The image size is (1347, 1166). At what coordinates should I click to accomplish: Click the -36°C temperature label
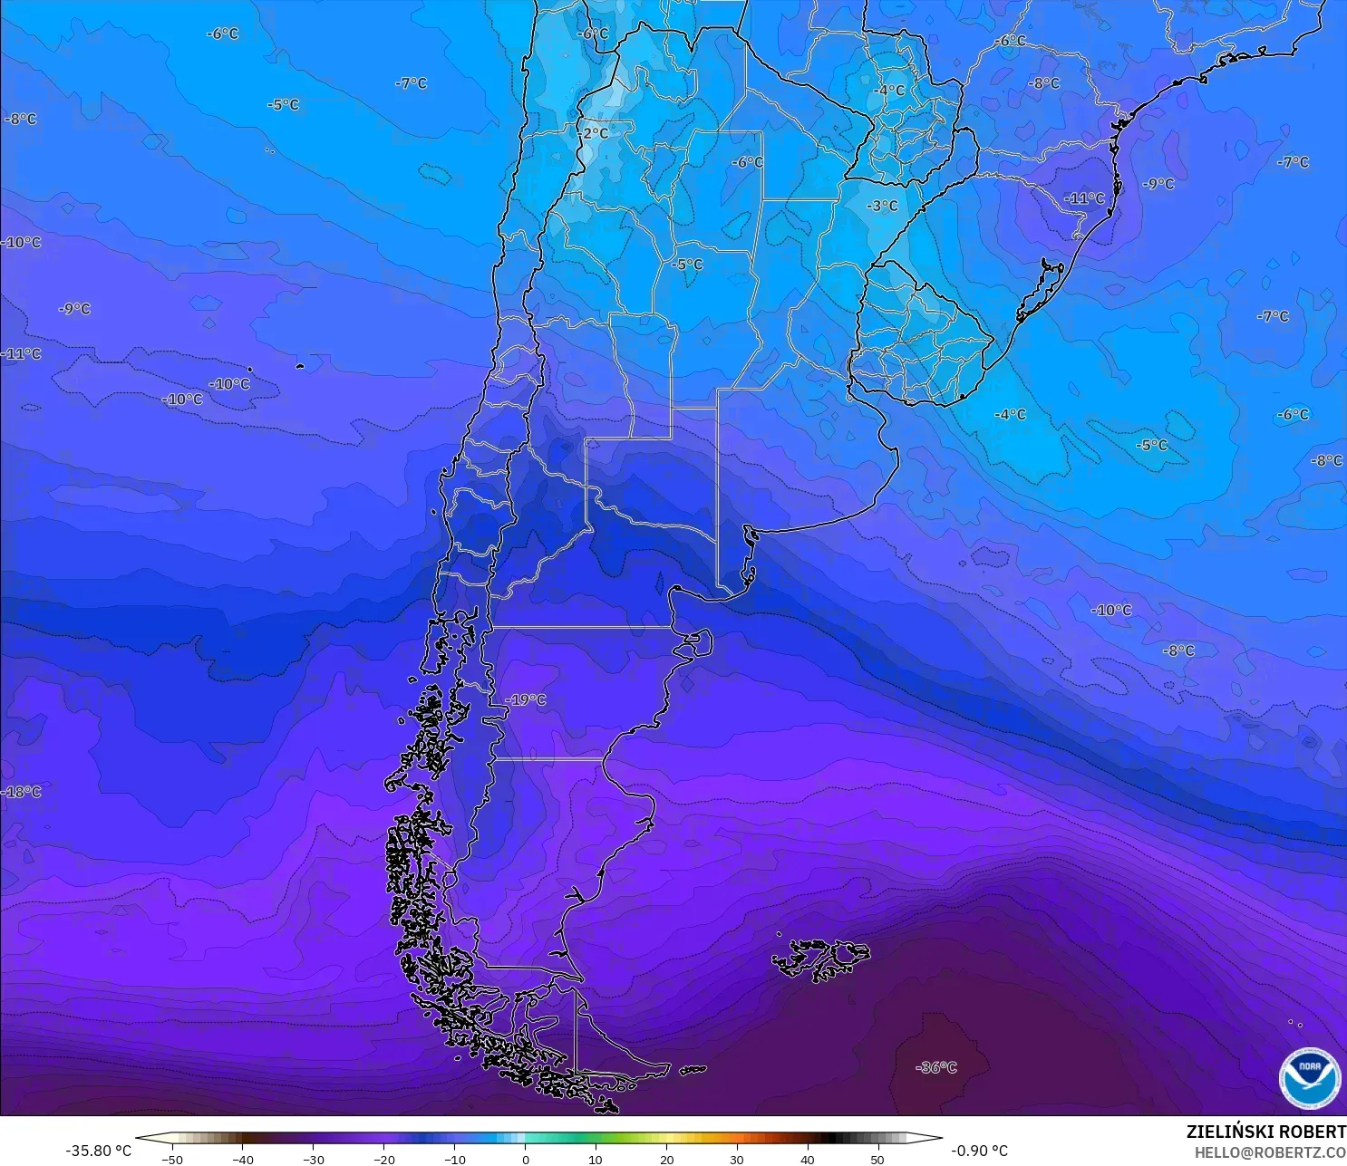tap(936, 1067)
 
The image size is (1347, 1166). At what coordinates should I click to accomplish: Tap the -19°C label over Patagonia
tap(526, 699)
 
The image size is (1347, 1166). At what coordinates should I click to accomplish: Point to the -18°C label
tap(21, 791)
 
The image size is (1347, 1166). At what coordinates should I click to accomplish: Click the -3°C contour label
tap(881, 206)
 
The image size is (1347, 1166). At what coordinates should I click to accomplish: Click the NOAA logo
tap(1309, 1077)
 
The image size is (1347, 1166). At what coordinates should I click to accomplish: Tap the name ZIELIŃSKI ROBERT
tap(1265, 1132)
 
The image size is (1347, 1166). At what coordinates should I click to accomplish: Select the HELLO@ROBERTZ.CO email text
tap(1269, 1152)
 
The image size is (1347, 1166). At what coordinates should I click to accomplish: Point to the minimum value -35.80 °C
tap(98, 1151)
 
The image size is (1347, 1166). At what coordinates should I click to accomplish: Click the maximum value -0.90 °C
tap(979, 1151)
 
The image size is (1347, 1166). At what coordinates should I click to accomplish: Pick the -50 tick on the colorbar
tap(171, 1159)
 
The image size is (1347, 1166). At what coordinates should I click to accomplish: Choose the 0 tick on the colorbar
tap(525, 1159)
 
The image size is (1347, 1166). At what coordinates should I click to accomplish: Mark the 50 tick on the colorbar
tap(877, 1159)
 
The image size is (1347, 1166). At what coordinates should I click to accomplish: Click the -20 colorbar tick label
tap(383, 1159)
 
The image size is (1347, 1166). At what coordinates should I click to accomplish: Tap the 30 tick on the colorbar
tap(737, 1159)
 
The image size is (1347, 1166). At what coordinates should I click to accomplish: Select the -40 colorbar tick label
tap(242, 1159)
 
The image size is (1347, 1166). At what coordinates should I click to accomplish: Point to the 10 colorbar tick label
tap(596, 1159)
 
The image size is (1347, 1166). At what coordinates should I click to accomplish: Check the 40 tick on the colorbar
tap(808, 1159)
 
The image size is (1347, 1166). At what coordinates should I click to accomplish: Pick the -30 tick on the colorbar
tap(313, 1159)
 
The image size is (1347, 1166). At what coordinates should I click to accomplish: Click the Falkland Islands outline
tap(820, 959)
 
